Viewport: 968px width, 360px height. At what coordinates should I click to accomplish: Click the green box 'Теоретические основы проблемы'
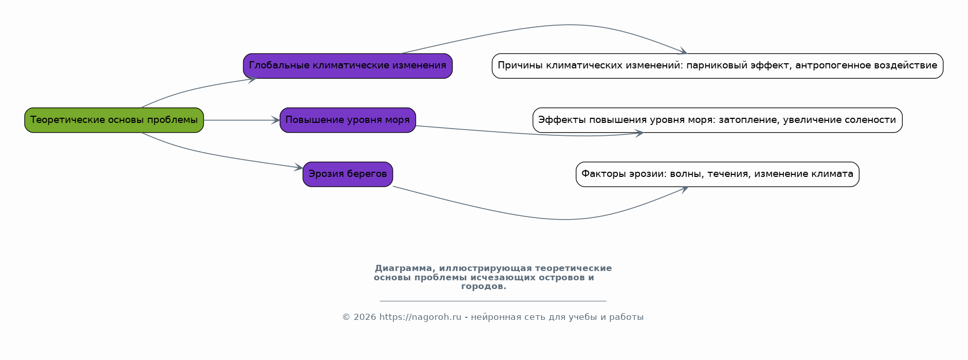pyautogui.click(x=114, y=120)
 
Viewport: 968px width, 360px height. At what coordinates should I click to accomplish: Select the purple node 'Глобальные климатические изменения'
pyautogui.click(x=348, y=66)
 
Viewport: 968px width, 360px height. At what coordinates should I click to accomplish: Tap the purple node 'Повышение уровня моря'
pyautogui.click(x=348, y=120)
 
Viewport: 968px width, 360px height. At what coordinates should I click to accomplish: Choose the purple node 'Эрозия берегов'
pyautogui.click(x=348, y=174)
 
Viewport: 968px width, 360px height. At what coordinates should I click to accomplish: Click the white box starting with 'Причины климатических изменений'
pyautogui.click(x=718, y=66)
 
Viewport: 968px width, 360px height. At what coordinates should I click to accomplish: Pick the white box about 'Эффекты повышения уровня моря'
pyautogui.click(x=718, y=120)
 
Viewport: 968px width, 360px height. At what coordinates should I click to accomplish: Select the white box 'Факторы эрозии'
pyautogui.click(x=718, y=174)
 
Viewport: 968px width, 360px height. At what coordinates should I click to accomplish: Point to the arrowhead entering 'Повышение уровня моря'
pyautogui.click(x=276, y=120)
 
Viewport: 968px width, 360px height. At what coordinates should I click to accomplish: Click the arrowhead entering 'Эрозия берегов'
pyautogui.click(x=299, y=167)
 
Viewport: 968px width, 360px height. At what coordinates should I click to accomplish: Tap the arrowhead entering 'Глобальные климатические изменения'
pyautogui.click(x=252, y=79)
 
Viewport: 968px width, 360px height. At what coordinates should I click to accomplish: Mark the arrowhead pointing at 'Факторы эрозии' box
pyautogui.click(x=684, y=189)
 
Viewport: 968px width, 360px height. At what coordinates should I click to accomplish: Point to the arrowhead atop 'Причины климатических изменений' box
pyautogui.click(x=683, y=51)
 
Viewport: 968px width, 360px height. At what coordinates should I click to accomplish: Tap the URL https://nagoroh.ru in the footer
pyautogui.click(x=421, y=317)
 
